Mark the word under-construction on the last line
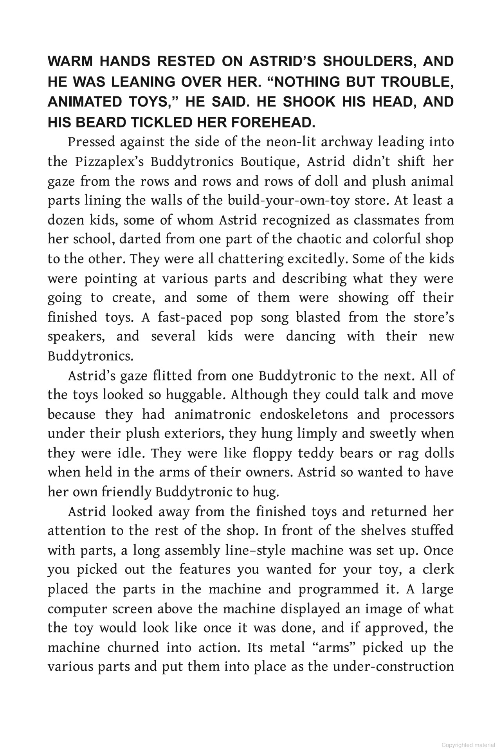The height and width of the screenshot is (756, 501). (393, 667)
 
